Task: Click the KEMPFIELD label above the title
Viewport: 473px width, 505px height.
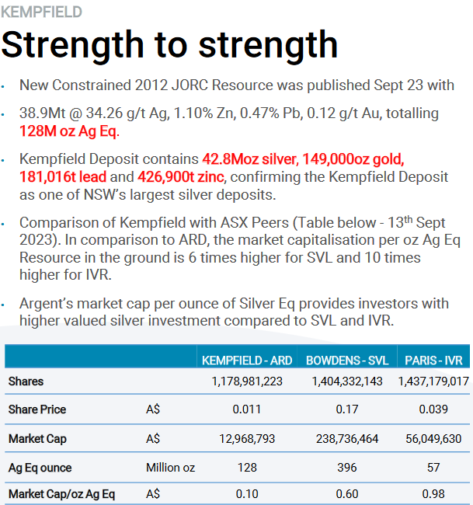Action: click(41, 12)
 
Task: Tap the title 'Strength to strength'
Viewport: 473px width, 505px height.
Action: click(169, 45)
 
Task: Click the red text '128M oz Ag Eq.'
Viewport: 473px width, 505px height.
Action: click(69, 131)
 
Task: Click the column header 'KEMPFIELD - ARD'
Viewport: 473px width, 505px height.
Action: click(247, 360)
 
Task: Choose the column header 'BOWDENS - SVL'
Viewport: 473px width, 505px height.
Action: click(347, 360)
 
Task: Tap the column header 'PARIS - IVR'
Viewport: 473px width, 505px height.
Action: click(433, 360)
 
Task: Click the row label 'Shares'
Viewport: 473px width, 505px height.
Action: click(26, 381)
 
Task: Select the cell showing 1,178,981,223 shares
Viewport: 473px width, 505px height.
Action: click(247, 381)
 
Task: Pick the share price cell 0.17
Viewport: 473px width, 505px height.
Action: click(347, 409)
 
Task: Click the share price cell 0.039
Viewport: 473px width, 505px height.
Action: click(433, 409)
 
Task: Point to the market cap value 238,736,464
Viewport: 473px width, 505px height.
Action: click(347, 439)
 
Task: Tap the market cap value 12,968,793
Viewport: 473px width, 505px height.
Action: click(247, 439)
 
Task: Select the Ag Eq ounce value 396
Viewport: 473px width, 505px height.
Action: click(347, 468)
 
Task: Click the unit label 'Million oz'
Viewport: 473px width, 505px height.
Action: click(170, 468)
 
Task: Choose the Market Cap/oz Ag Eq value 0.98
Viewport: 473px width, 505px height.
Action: click(433, 494)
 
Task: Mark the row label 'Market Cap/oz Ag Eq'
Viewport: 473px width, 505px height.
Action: click(61, 494)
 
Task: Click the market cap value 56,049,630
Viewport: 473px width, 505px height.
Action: click(433, 439)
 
